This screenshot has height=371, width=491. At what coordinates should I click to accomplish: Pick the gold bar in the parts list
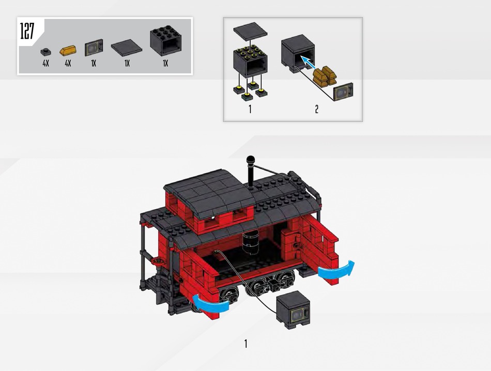pyautogui.click(x=68, y=50)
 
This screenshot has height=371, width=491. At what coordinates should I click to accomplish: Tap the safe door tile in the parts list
pyautogui.click(x=94, y=48)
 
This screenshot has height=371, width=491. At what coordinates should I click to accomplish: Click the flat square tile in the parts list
pyautogui.click(x=127, y=47)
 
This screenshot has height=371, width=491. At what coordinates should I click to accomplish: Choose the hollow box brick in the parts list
pyautogui.click(x=166, y=40)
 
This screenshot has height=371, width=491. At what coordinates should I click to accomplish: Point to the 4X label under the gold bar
pyautogui.click(x=68, y=64)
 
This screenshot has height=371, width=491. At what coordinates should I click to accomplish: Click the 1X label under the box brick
pyautogui.click(x=165, y=64)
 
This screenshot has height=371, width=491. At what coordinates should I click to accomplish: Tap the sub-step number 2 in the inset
pyautogui.click(x=317, y=109)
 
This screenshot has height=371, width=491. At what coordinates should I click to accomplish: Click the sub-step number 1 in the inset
pyautogui.click(x=250, y=109)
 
